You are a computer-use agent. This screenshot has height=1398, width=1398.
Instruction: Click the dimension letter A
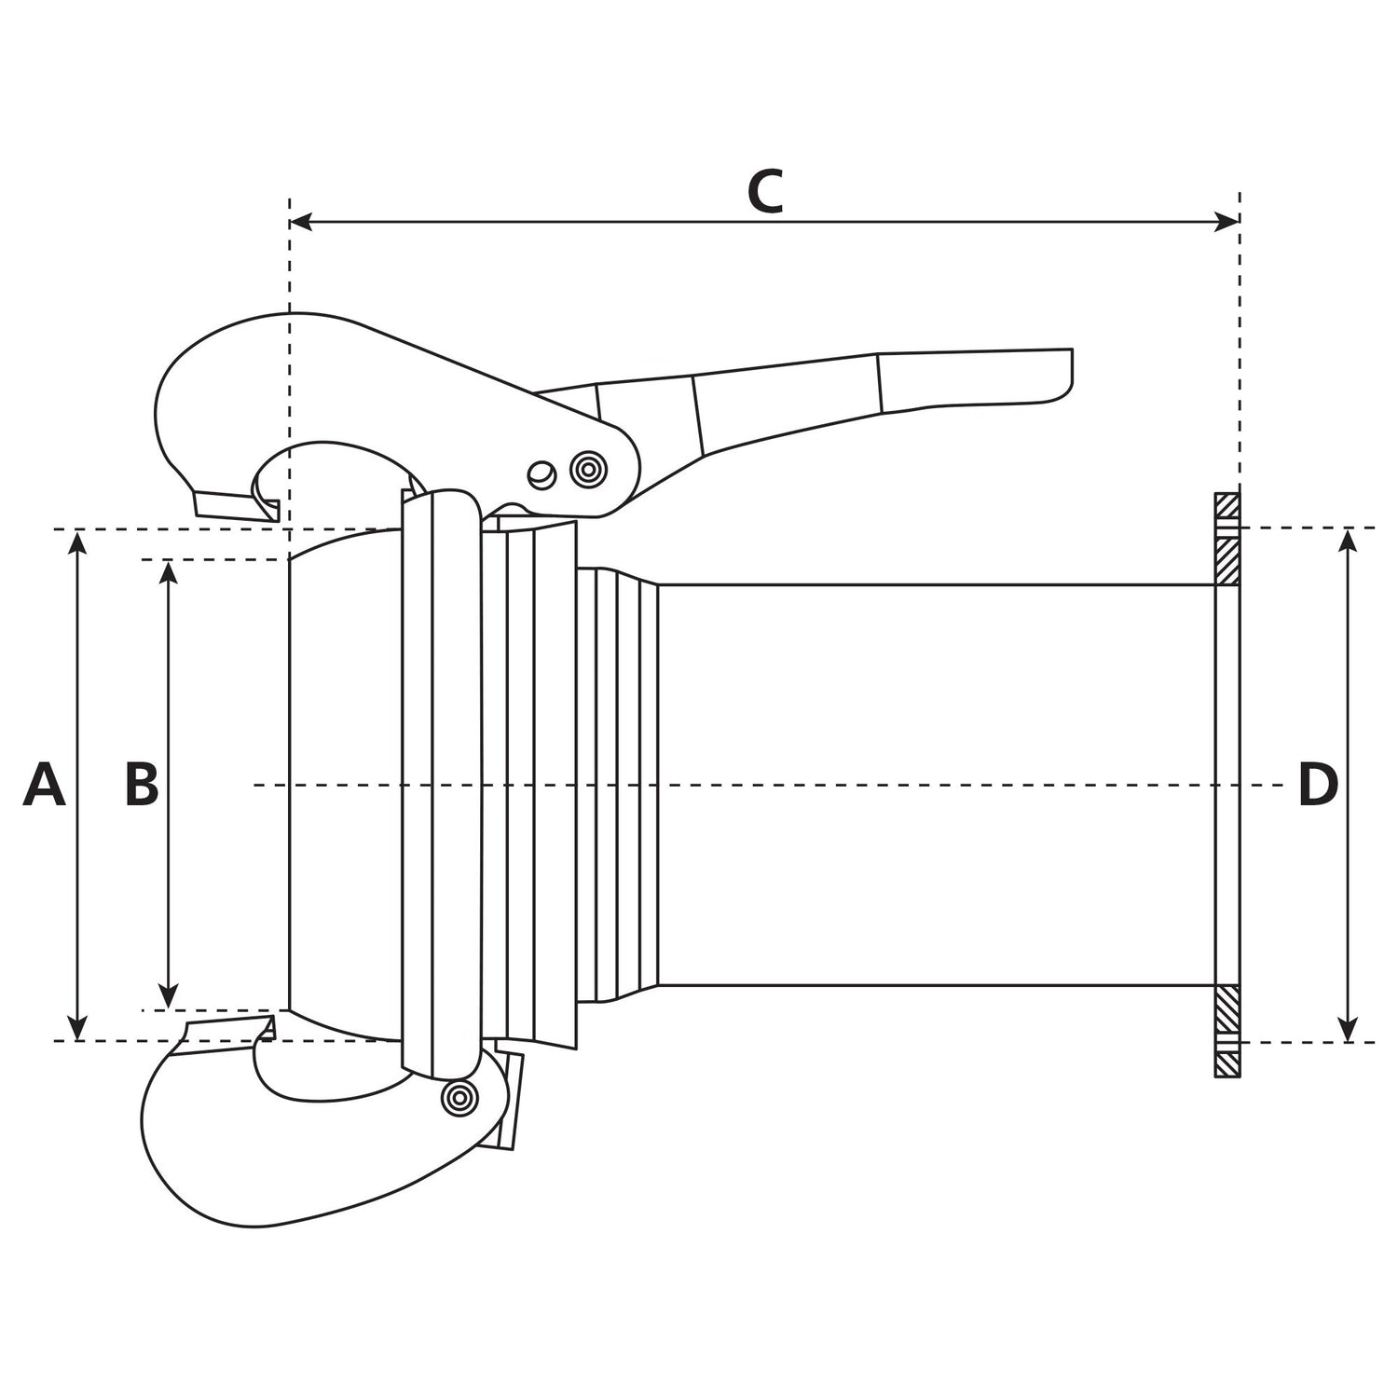[x=45, y=785]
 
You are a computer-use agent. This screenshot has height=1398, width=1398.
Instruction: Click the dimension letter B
[x=142, y=785]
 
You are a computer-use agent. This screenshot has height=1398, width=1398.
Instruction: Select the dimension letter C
[x=764, y=193]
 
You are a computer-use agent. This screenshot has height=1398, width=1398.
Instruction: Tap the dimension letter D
[x=1318, y=785]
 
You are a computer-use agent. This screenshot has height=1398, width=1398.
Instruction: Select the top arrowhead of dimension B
[x=169, y=571]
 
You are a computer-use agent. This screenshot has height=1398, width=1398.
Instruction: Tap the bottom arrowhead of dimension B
[x=169, y=998]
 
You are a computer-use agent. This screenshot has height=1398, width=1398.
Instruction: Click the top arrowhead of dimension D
[x=1348, y=540]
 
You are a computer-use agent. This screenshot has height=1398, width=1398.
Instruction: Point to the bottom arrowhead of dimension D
[x=1348, y=1030]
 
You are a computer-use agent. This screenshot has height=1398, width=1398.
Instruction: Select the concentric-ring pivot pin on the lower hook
[x=458, y=1097]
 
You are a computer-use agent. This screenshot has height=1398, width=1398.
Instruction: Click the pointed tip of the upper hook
[x=276, y=511]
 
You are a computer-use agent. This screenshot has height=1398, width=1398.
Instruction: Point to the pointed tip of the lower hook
[x=270, y=1028]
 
